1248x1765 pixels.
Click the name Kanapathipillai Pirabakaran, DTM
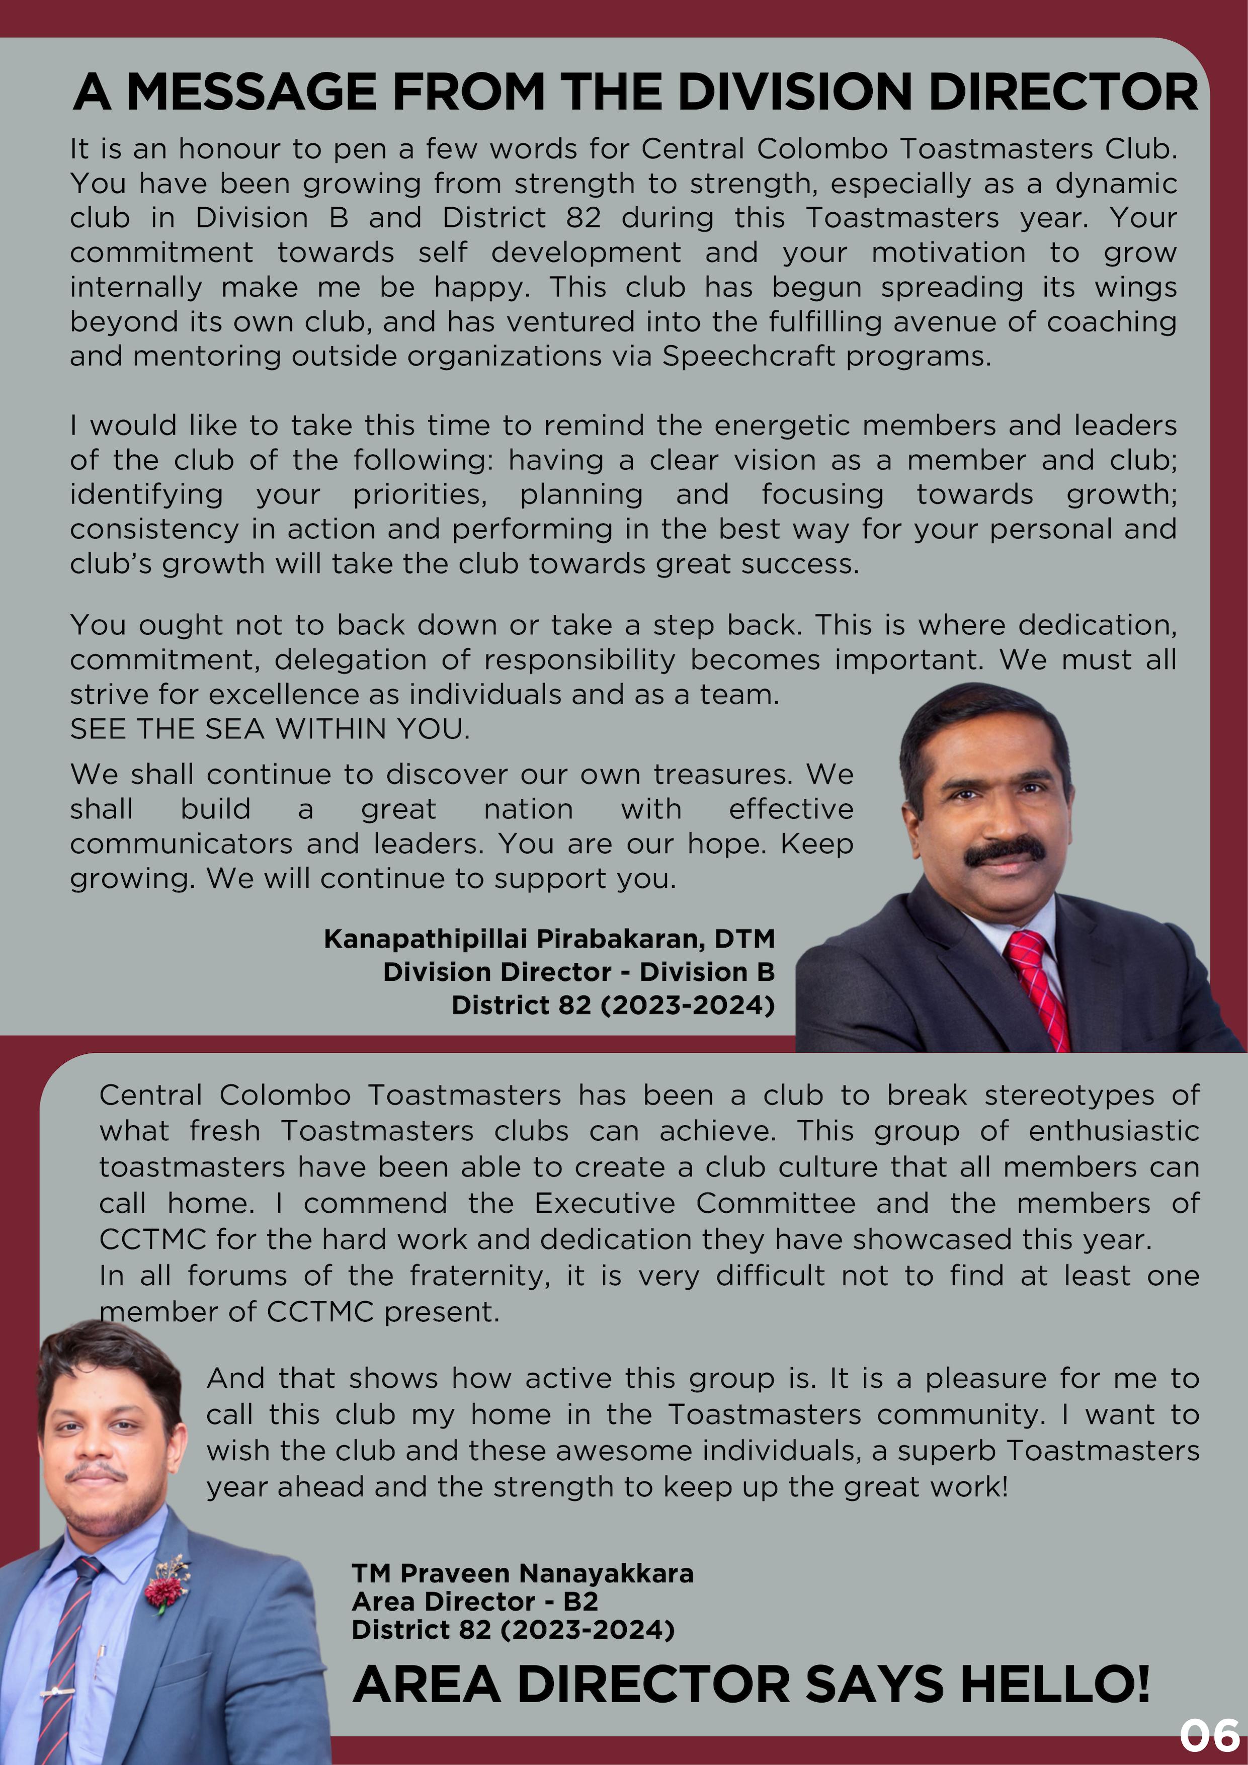point(549,939)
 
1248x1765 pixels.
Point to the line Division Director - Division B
point(578,972)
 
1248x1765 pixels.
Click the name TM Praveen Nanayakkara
point(522,1573)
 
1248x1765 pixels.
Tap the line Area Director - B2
point(474,1601)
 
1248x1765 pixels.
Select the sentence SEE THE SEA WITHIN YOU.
point(269,729)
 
